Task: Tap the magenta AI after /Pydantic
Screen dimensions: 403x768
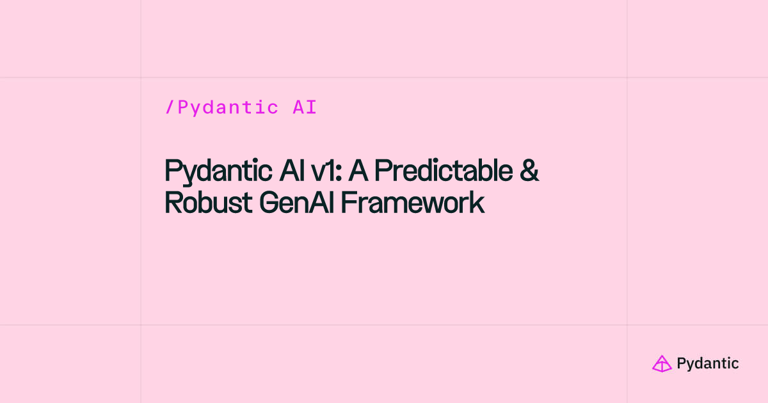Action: click(x=305, y=107)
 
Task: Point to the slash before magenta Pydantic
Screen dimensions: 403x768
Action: click(x=170, y=107)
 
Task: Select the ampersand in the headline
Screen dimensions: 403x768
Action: click(x=530, y=171)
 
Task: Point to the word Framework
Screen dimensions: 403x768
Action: click(x=412, y=203)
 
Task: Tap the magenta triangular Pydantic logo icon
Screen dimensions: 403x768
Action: click(x=661, y=363)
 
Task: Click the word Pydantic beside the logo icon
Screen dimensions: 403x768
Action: click(x=708, y=363)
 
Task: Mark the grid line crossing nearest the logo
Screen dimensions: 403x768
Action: click(x=627, y=325)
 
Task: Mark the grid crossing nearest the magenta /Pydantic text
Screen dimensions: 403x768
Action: click(x=141, y=77)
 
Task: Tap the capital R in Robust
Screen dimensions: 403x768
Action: click(x=172, y=203)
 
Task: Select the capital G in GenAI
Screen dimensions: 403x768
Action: click(x=270, y=203)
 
